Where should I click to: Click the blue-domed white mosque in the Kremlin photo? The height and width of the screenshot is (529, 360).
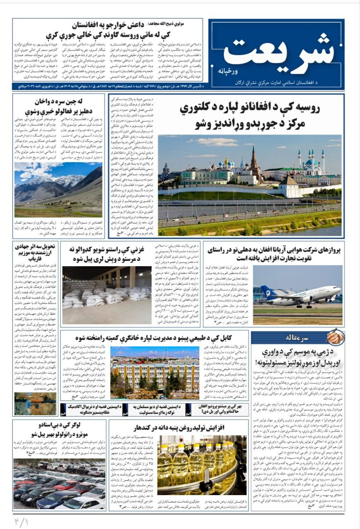(x=311, y=165)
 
